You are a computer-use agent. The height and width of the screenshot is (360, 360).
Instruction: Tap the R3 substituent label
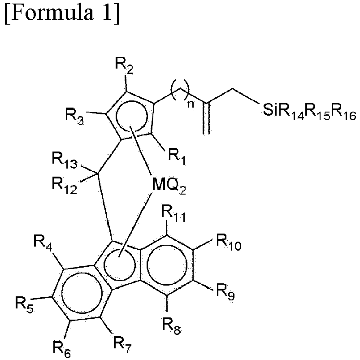pyautogui.click(x=74, y=117)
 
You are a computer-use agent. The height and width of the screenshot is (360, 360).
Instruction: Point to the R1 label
pyautogui.click(x=177, y=157)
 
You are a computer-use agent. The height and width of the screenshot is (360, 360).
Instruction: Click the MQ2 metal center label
pyautogui.click(x=169, y=186)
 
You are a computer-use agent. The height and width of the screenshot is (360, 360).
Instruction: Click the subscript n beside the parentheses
pyautogui.click(x=191, y=104)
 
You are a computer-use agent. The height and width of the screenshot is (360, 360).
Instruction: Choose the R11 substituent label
pyautogui.click(x=173, y=213)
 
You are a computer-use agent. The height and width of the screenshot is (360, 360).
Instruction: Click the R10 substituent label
pyautogui.click(x=229, y=243)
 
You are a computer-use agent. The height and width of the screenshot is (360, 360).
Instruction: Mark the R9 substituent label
pyautogui.click(x=226, y=292)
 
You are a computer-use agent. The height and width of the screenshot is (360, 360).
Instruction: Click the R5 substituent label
pyautogui.click(x=24, y=304)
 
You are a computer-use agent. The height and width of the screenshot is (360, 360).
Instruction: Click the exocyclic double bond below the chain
pyautogui.click(x=206, y=118)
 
